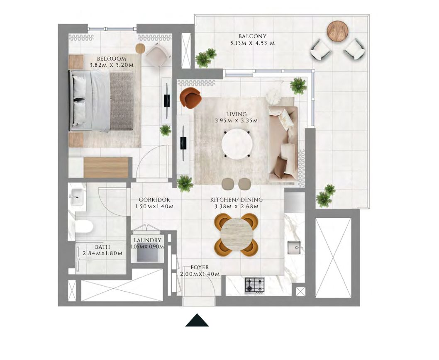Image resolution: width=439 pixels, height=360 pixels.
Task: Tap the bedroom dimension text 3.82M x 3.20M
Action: point(111,65)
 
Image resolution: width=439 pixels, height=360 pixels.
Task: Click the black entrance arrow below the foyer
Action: point(197,321)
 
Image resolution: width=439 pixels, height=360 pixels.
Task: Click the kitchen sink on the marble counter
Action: point(295,248)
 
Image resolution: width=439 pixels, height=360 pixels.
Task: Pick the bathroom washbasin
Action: point(78,197)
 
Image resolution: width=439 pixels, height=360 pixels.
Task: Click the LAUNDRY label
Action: point(147,240)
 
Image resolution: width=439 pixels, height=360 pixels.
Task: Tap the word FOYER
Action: point(200,268)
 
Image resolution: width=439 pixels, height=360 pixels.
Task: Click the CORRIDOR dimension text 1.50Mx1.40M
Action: point(154,206)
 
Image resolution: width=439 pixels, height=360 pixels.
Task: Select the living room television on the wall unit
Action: point(183,142)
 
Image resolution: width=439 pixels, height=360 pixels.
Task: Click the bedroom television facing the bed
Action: point(166,101)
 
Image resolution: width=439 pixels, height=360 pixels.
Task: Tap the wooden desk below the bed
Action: point(105,168)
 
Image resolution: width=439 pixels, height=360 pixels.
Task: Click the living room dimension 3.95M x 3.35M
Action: point(237,121)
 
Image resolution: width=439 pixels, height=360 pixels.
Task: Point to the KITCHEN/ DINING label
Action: point(236,199)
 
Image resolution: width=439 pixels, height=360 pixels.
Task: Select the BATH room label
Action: point(102,247)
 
